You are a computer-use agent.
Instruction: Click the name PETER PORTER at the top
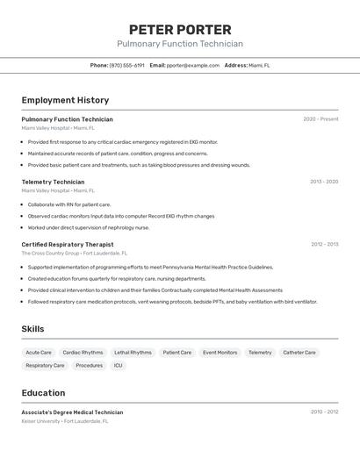point(180,30)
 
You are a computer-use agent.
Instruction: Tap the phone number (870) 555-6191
point(127,65)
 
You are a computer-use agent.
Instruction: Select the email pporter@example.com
point(193,65)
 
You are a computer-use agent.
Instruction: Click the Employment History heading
point(65,100)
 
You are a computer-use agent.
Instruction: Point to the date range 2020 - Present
point(320,119)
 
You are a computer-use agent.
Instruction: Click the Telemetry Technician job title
point(53,182)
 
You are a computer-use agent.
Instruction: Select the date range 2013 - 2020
point(323,182)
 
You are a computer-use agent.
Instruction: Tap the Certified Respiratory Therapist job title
point(68,244)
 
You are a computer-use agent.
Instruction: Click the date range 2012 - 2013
point(324,244)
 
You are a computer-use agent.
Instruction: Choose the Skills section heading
point(32,329)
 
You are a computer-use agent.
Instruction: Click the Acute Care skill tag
point(39,353)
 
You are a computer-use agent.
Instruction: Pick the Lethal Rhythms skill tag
point(133,353)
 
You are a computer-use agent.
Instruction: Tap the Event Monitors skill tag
point(220,353)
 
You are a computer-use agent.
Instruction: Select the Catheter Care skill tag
point(299,353)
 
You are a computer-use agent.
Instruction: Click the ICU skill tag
point(118,365)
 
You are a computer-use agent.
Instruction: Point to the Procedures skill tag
point(89,365)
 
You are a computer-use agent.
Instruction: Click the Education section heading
point(43,393)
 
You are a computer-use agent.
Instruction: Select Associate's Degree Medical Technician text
point(72,411)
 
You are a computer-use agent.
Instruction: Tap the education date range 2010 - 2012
point(324,411)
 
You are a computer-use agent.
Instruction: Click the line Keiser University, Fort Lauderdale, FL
point(65,421)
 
